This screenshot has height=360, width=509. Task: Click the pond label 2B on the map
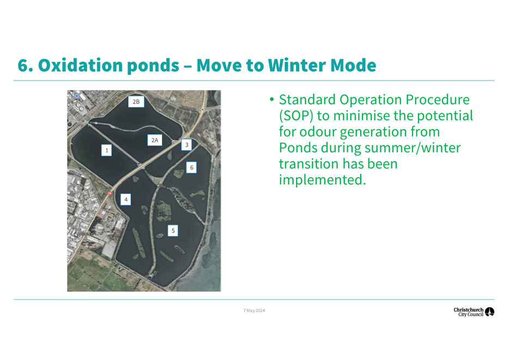click(136, 101)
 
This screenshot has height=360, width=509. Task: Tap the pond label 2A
click(155, 140)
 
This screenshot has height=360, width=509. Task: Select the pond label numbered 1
click(106, 150)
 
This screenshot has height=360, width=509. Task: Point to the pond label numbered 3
click(187, 145)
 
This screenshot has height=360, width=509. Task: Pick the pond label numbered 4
click(126, 199)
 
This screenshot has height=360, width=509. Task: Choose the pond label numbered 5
click(173, 230)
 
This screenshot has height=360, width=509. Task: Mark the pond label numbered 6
click(191, 167)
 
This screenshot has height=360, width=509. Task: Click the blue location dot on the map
click(77, 96)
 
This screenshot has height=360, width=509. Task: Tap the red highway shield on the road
click(110, 193)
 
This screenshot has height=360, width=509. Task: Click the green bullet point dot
click(272, 99)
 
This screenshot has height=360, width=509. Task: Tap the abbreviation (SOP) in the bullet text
click(296, 116)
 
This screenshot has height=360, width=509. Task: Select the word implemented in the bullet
click(322, 180)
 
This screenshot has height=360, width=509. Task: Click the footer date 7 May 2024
click(254, 310)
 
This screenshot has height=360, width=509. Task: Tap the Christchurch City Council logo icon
click(489, 312)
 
